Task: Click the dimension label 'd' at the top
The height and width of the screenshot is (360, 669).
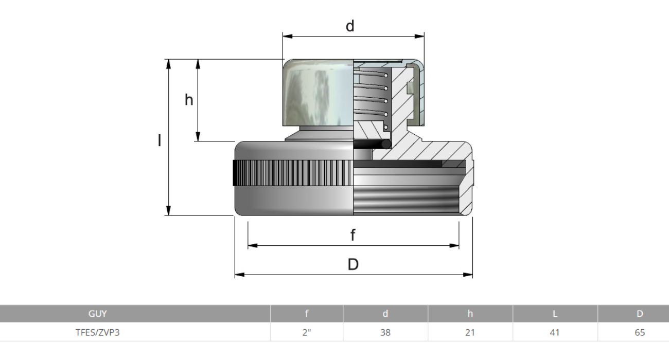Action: click(x=350, y=26)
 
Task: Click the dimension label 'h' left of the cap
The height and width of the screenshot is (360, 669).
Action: click(x=189, y=100)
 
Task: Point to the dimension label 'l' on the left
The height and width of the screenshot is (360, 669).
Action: click(x=160, y=140)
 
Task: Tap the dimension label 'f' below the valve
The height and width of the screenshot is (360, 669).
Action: click(x=353, y=236)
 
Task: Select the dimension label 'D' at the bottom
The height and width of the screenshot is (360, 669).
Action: click(x=353, y=264)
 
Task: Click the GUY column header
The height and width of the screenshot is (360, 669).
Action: click(x=98, y=314)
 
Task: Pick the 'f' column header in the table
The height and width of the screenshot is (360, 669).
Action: click(x=307, y=314)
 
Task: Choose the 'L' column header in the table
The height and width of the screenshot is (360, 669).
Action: click(x=555, y=314)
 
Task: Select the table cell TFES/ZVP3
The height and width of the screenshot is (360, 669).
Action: click(x=98, y=332)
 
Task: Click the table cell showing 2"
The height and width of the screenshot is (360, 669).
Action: click(x=307, y=332)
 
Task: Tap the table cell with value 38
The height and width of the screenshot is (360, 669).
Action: click(x=385, y=332)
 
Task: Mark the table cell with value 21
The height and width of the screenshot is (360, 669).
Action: click(x=470, y=332)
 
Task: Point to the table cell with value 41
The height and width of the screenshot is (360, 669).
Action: click(x=555, y=332)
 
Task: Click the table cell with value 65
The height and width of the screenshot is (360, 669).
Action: click(x=639, y=332)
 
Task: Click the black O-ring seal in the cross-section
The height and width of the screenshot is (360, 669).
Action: click(x=385, y=145)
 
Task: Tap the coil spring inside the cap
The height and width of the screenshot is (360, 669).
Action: click(x=371, y=95)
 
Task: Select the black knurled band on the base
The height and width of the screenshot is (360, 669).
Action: click(x=293, y=173)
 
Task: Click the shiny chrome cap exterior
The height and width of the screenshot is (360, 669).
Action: click(x=316, y=93)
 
